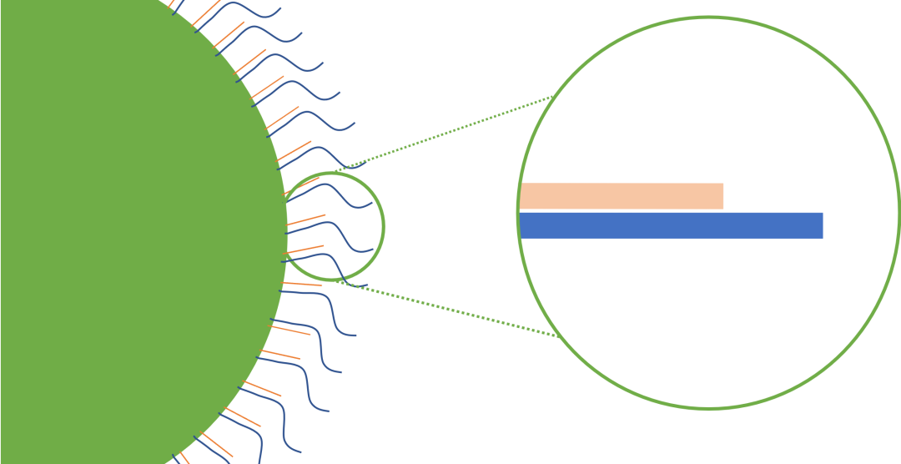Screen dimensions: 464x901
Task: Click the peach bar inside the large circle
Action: coord(622,196)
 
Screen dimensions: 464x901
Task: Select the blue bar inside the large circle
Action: coord(672,225)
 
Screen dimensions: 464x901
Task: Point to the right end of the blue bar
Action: coord(821,225)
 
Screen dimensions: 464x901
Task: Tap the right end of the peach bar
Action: coord(722,196)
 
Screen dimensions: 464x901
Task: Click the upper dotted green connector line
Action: coord(450,134)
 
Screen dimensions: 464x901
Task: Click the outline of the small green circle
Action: coord(384,225)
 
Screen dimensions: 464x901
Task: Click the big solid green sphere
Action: coord(125,234)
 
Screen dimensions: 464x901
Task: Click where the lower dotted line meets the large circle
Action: coord(556,336)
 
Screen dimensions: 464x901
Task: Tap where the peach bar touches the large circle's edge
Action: coord(521,196)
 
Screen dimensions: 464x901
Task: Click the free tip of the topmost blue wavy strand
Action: coord(280,8)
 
